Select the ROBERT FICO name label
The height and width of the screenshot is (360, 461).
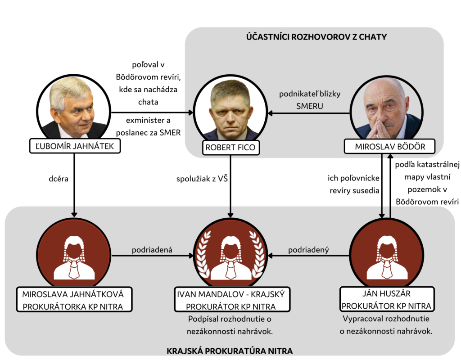point(230,148)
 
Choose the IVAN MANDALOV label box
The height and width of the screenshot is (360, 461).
point(231,300)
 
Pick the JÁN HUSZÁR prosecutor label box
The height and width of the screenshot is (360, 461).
point(387,300)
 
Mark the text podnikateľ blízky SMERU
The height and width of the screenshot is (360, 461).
point(309,99)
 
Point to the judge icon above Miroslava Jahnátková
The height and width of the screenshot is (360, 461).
point(74,256)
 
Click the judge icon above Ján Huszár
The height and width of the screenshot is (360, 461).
point(387,256)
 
